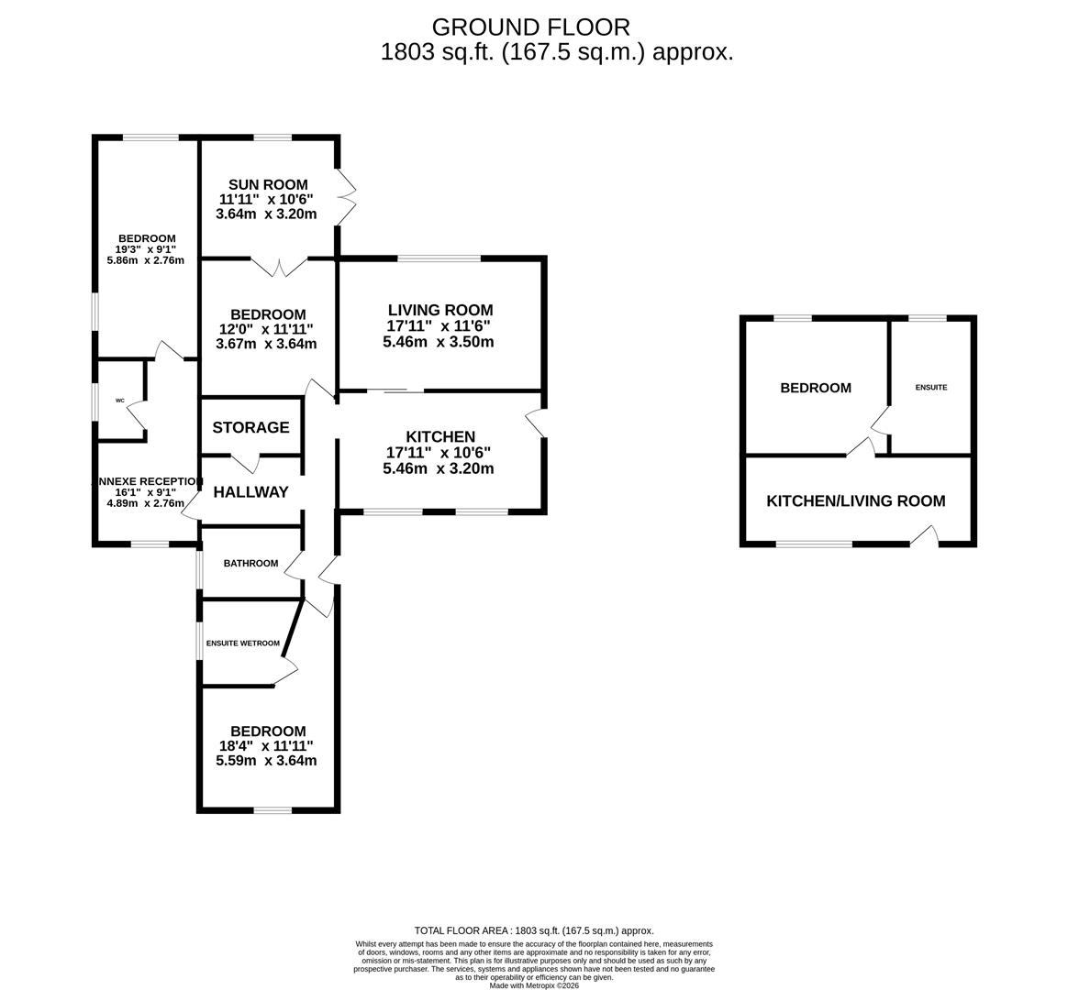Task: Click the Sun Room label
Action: pos(268,184)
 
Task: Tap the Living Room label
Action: pos(440,310)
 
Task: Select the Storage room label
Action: pos(250,427)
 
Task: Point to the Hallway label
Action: pos(250,492)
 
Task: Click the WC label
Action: pos(120,401)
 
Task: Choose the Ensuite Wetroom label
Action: pos(243,643)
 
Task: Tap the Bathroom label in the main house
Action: pos(250,564)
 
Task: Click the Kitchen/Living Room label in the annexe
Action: pos(856,500)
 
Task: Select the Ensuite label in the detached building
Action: pos(931,387)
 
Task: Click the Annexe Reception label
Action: pos(147,482)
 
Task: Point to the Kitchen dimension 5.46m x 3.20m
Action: pos(439,468)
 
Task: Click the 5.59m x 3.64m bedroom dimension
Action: pos(266,760)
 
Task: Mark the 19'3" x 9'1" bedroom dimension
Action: pos(146,249)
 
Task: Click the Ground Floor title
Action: pos(531,27)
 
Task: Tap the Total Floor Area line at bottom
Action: pos(534,930)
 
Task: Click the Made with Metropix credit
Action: pos(534,985)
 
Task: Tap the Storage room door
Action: pos(246,463)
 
